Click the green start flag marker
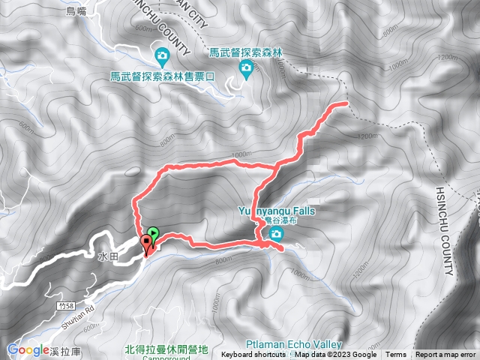[x=153, y=234]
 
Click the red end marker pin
[x=146, y=243]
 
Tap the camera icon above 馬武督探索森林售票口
[x=162, y=55]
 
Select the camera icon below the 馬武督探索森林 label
[x=246, y=69]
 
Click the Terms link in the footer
[x=396, y=355]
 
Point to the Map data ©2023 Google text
[x=335, y=355]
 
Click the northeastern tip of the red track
[x=346, y=103]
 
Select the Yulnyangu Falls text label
[x=277, y=211]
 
